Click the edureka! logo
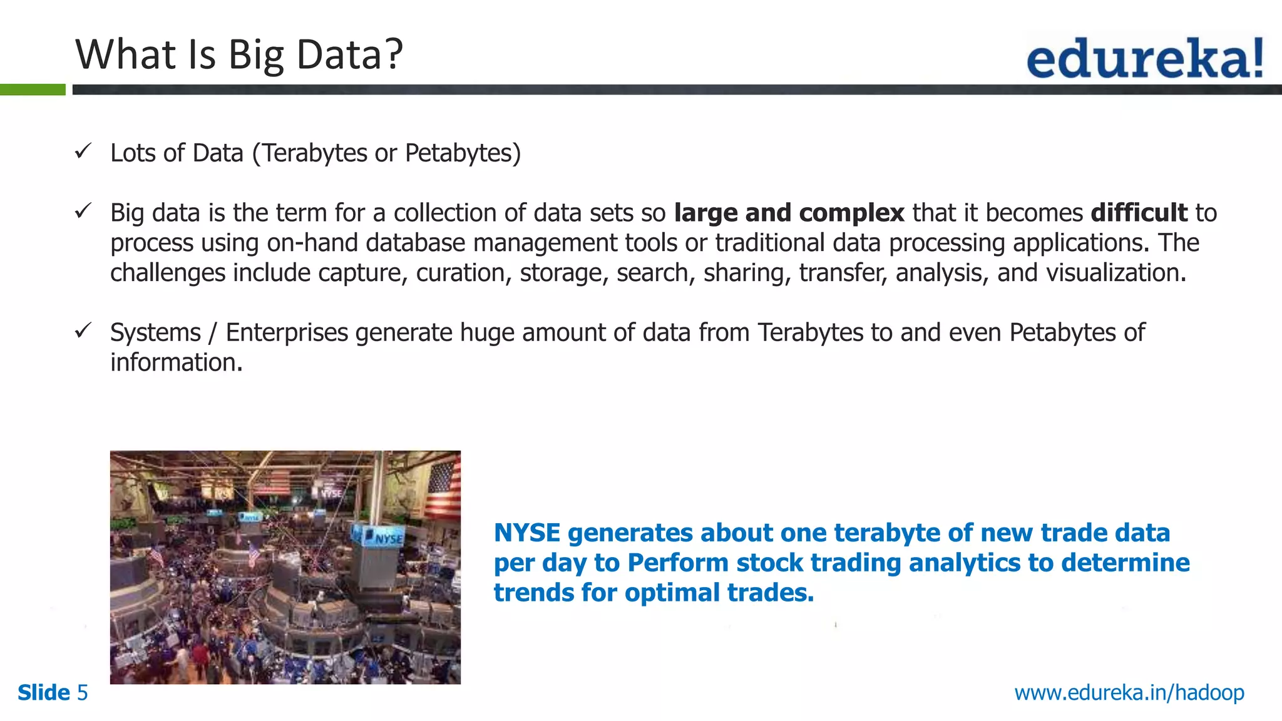click(1144, 58)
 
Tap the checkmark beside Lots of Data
click(83, 151)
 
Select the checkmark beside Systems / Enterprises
click(83, 330)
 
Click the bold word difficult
click(1139, 213)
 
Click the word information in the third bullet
click(175, 362)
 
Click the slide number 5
click(82, 693)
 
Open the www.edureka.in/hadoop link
click(1129, 693)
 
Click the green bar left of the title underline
click(33, 89)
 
